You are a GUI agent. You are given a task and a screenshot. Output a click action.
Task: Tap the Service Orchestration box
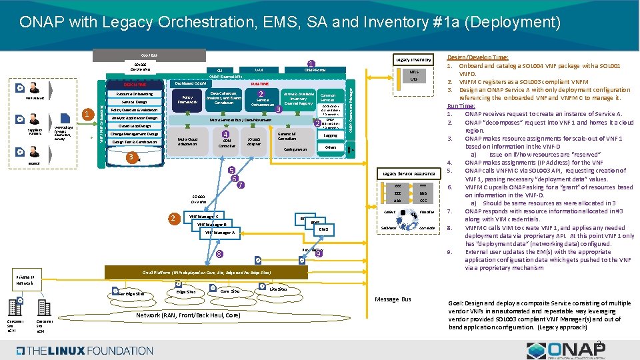click(262, 101)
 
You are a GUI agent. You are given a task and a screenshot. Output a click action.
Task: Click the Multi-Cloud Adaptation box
click(187, 141)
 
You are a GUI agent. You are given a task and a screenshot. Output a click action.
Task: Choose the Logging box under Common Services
click(330, 135)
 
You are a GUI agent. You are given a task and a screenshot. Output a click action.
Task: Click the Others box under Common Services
click(330, 147)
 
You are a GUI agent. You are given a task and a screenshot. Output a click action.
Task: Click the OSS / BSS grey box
click(129, 54)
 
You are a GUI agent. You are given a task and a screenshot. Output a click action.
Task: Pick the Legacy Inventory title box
click(413, 60)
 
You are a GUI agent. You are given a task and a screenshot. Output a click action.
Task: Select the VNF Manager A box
click(220, 233)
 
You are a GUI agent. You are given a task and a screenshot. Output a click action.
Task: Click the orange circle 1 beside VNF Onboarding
click(85, 114)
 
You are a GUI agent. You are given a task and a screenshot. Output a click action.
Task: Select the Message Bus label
click(393, 299)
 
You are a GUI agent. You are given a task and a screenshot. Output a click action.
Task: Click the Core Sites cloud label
click(229, 291)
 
